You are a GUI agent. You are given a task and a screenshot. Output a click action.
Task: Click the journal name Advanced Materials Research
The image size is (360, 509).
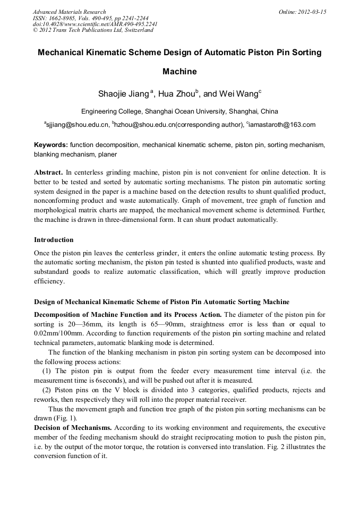click(69, 12)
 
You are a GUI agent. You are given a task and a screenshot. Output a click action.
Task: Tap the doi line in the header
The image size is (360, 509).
click(95, 24)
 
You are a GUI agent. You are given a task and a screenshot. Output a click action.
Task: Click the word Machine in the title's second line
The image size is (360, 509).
click(179, 71)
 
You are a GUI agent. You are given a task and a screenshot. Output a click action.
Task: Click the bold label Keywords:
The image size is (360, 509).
click(51, 144)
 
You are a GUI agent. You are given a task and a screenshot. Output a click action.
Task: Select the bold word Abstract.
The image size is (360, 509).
click(49, 172)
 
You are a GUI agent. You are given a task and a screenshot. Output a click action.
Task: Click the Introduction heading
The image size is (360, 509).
click(54, 240)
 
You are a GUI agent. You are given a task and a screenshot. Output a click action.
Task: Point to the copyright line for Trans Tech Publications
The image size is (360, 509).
click(93, 30)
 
